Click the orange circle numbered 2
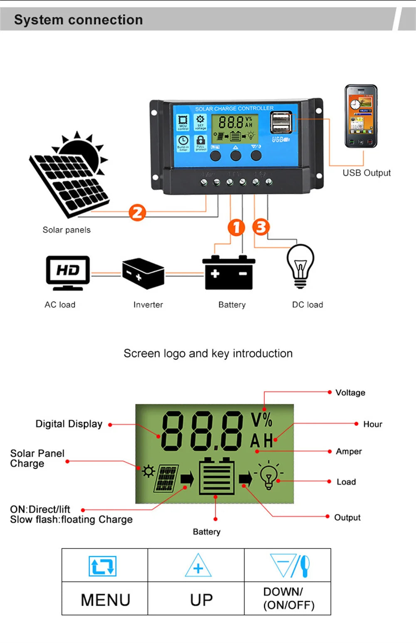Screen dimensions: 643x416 (x=137, y=213)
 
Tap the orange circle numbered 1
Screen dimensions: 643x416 (x=236, y=228)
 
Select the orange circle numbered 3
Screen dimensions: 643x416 (x=261, y=227)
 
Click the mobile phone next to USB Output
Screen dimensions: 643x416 (x=361, y=116)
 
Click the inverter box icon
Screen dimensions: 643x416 (x=143, y=274)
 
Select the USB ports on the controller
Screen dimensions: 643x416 (x=281, y=122)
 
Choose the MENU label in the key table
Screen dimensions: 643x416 (x=105, y=600)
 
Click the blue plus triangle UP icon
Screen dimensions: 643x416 (x=198, y=566)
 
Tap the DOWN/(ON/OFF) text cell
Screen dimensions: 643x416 (x=288, y=598)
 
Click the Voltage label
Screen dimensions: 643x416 (x=350, y=393)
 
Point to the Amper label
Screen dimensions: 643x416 (x=349, y=451)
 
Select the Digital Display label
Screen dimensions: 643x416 (x=69, y=424)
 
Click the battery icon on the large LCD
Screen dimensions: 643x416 (x=216, y=476)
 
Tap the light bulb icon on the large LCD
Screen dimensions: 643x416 (x=269, y=476)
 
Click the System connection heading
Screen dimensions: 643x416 (x=79, y=20)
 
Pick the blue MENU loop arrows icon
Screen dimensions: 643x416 (x=102, y=566)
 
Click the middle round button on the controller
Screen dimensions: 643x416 (x=235, y=156)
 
